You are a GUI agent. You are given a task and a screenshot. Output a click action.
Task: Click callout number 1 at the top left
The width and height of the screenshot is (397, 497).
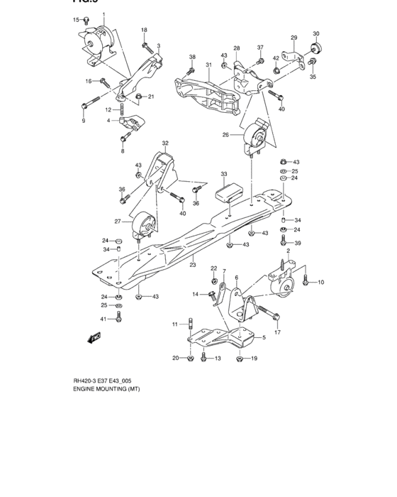103,15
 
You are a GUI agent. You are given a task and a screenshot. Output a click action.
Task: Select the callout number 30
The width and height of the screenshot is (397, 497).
316,33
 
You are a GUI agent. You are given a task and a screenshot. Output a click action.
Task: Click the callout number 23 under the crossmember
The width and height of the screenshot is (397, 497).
191,264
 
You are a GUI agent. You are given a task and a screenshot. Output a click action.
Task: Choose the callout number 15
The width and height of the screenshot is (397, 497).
77,19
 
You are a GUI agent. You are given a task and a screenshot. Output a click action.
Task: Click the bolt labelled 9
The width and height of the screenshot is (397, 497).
84,106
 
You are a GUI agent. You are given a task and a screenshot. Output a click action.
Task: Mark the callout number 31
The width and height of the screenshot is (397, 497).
209,65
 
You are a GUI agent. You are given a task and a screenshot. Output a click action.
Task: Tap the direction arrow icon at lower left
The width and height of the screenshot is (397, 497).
91,339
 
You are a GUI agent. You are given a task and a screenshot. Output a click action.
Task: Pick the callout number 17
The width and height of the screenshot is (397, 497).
278,332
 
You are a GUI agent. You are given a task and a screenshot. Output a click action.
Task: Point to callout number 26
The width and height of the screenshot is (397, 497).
226,134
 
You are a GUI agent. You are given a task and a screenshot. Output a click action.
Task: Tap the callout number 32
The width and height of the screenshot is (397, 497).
165,143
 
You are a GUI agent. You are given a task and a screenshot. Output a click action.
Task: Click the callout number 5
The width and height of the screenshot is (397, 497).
263,338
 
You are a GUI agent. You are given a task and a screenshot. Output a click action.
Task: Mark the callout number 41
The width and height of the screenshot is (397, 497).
103,319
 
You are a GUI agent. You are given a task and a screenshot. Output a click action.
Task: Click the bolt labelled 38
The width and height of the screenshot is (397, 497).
191,70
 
